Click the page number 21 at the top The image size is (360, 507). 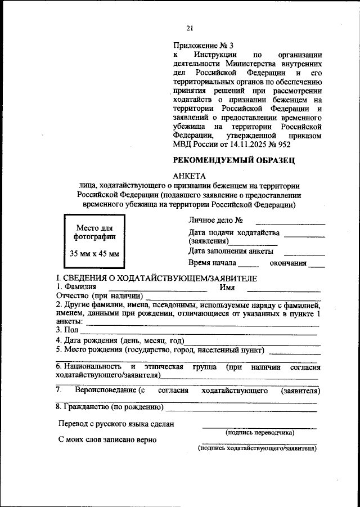190,29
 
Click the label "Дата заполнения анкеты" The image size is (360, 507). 231,251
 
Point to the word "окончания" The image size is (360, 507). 287,263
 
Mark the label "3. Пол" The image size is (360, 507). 66,330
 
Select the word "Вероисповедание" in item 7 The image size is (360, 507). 106,390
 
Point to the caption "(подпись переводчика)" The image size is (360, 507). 259,432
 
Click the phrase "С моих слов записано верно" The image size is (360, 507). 107,440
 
